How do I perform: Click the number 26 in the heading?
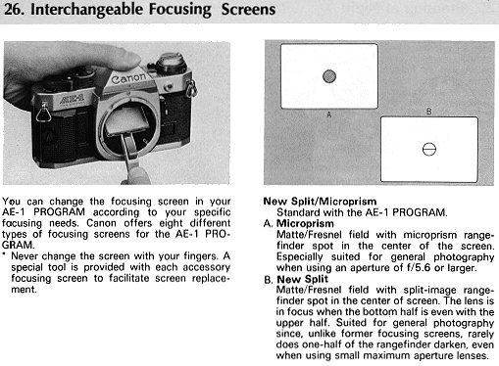[13, 9]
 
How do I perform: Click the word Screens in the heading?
[248, 9]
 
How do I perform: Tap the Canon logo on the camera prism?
[128, 78]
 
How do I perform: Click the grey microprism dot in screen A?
[329, 76]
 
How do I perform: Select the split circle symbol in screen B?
[429, 149]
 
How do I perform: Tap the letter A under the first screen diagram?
[329, 114]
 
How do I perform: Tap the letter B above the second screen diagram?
[429, 112]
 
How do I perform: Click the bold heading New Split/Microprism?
[320, 202]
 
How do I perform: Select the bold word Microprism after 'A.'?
[305, 223]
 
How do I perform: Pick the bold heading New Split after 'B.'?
[302, 279]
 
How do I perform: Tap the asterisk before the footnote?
[4, 254]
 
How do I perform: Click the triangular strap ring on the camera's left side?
[43, 112]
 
